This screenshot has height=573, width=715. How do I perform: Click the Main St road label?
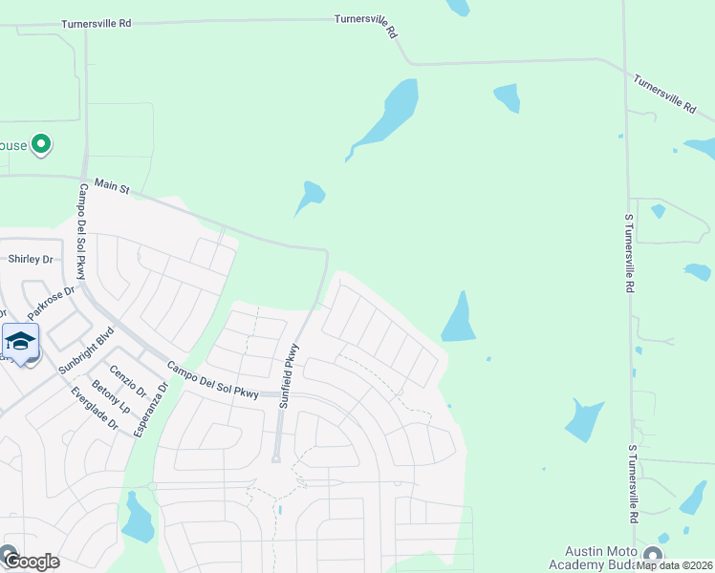[x=112, y=190]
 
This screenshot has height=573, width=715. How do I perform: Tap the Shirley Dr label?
[x=31, y=259]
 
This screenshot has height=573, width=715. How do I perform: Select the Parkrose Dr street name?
[x=51, y=303]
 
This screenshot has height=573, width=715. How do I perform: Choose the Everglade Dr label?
[x=92, y=409]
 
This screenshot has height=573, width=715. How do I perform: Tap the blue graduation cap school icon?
[x=20, y=340]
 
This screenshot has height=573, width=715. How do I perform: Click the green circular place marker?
[x=41, y=145]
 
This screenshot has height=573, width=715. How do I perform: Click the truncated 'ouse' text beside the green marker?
[x=13, y=145]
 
